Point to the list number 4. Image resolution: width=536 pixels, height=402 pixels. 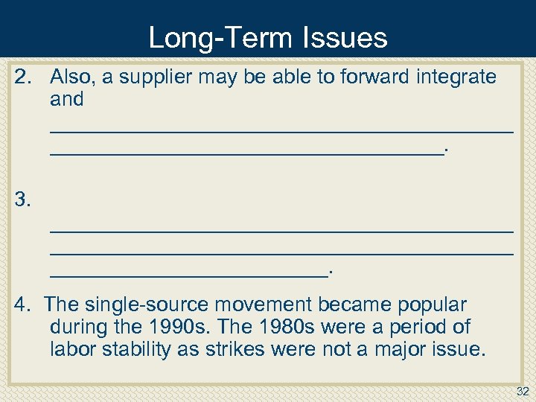tap(23, 304)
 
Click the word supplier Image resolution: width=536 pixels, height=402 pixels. tap(156, 77)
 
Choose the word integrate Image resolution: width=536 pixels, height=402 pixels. tap(457, 77)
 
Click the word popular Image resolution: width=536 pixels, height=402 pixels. tap(432, 304)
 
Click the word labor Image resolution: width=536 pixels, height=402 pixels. tap(72, 349)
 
